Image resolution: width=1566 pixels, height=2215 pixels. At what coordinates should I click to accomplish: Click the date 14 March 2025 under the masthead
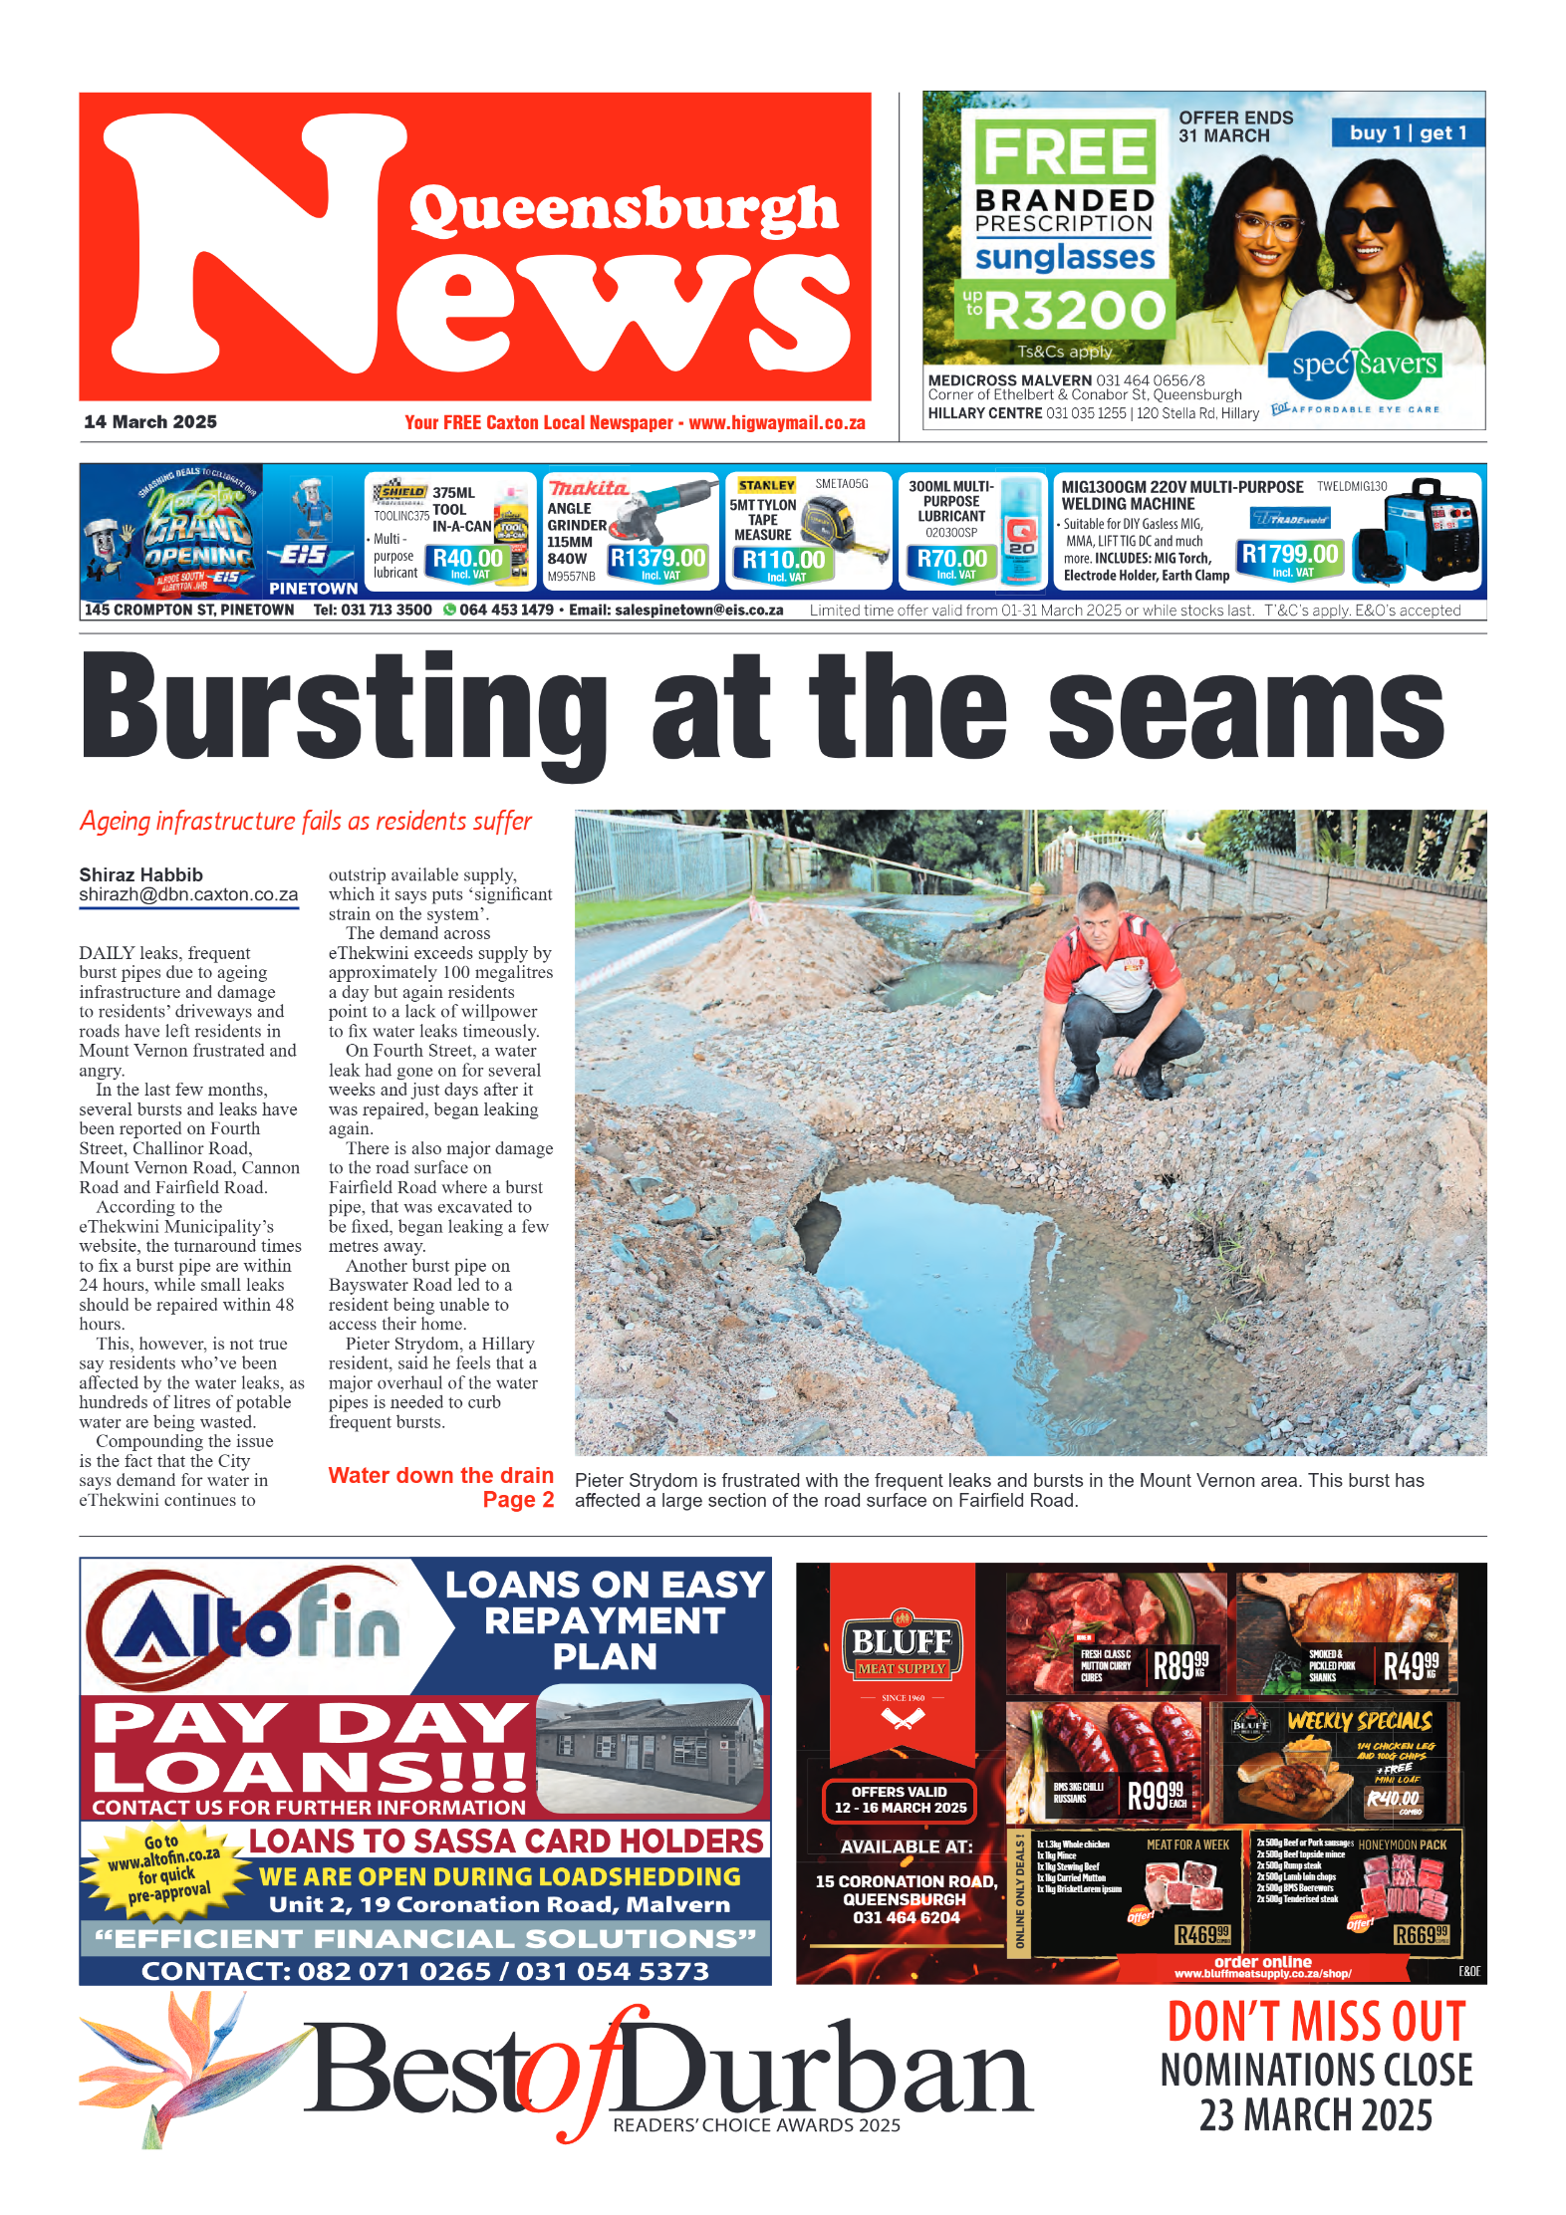tap(150, 421)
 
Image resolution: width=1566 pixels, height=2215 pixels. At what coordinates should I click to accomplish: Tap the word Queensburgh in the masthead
tap(624, 210)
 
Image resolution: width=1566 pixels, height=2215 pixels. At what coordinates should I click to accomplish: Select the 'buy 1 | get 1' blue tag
tap(1407, 132)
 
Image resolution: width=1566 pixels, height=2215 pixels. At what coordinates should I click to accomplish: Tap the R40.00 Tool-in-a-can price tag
tap(467, 560)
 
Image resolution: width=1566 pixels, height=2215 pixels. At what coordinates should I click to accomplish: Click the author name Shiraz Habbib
tap(140, 874)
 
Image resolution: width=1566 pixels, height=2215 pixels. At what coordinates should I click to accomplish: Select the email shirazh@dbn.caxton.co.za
tap(188, 894)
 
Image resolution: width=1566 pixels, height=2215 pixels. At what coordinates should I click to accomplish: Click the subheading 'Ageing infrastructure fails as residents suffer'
tap(306, 821)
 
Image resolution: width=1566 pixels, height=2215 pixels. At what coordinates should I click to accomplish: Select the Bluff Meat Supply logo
tap(902, 1648)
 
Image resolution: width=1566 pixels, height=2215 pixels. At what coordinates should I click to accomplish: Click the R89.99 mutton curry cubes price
tap(1179, 1664)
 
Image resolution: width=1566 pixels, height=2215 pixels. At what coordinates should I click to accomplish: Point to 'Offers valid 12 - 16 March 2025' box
tap(900, 1799)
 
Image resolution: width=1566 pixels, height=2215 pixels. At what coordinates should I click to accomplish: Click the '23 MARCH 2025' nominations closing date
tap(1315, 2115)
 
